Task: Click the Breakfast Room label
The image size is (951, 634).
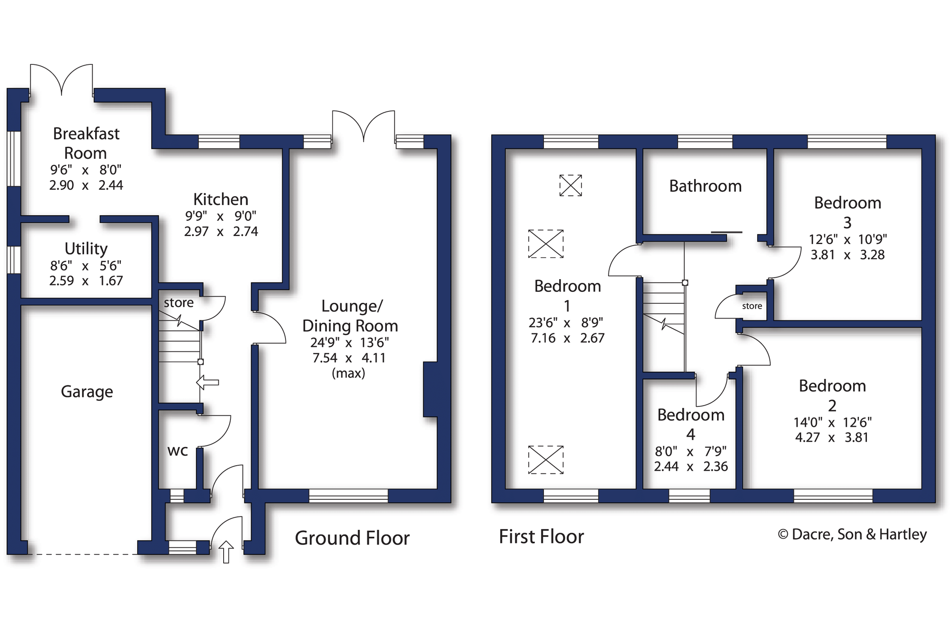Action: [86, 143]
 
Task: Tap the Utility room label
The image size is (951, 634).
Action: [86, 248]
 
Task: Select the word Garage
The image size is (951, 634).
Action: [87, 391]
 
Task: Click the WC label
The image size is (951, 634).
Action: [178, 451]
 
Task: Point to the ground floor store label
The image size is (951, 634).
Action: [178, 303]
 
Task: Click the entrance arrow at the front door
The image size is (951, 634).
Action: [226, 551]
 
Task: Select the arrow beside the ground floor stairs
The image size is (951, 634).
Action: [208, 382]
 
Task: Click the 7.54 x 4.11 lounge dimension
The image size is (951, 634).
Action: [349, 358]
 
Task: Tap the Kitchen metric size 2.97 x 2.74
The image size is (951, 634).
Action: [221, 231]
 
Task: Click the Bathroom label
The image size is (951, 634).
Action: [705, 186]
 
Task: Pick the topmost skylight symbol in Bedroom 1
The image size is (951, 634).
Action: [570, 185]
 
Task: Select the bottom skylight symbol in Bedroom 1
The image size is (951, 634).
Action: [546, 460]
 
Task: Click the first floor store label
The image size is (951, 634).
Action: [752, 306]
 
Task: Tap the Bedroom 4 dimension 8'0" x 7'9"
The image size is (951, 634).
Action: [691, 451]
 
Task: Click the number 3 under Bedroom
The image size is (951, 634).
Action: [847, 222]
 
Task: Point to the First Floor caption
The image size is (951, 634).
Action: [541, 536]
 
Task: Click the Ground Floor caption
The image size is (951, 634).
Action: [352, 538]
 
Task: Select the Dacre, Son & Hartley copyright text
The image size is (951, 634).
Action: [852, 534]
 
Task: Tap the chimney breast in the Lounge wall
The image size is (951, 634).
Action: [430, 389]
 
